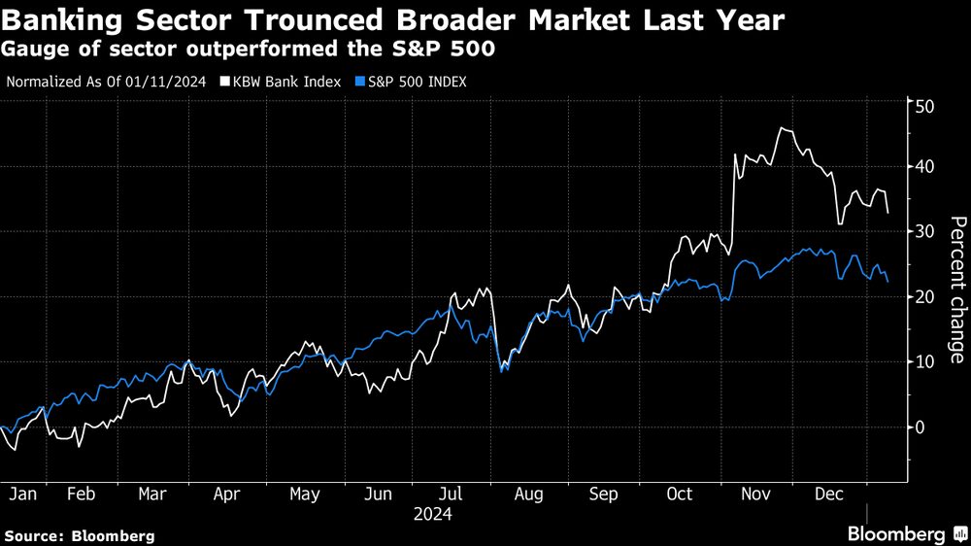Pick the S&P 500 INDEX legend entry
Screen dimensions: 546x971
click(415, 82)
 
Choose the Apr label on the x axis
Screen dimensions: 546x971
click(226, 495)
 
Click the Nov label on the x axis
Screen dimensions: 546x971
click(754, 495)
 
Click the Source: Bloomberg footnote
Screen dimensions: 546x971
click(80, 535)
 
